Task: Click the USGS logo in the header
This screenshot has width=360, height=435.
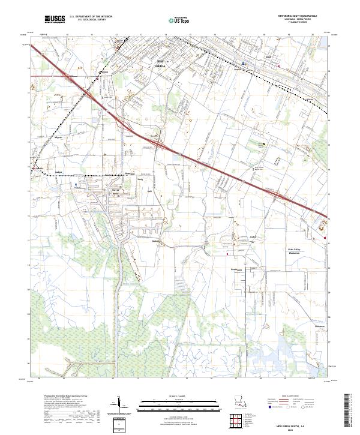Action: point(55,19)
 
